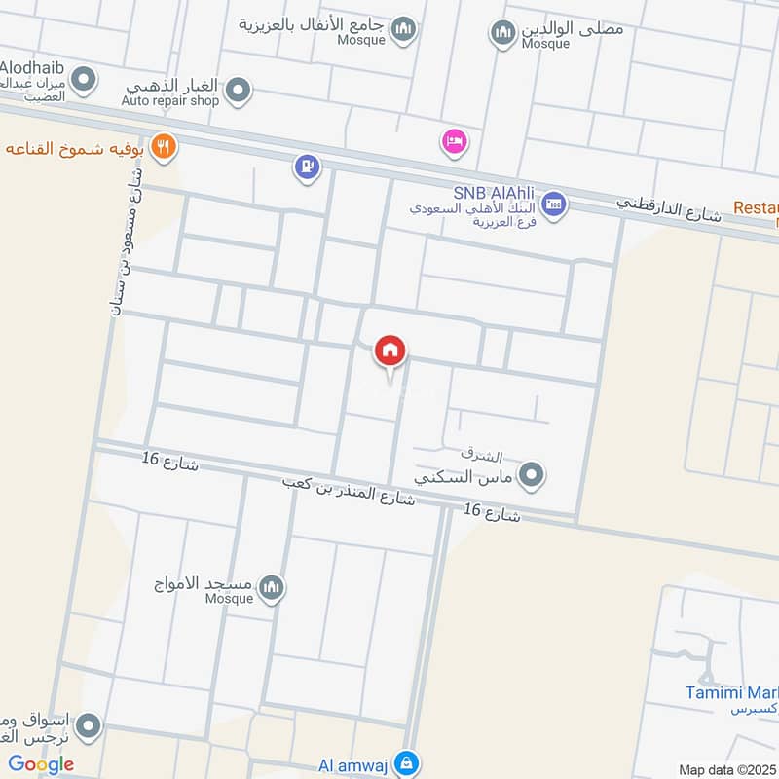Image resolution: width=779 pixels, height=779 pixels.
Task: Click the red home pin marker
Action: tap(390, 352)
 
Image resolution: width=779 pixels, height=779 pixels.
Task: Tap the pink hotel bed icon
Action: tap(454, 142)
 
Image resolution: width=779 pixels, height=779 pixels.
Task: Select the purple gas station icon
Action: tap(308, 168)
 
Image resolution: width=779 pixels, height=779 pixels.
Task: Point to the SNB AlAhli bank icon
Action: tap(554, 204)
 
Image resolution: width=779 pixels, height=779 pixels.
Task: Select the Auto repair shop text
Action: tap(171, 100)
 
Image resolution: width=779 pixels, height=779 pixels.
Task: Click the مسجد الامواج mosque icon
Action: tap(273, 588)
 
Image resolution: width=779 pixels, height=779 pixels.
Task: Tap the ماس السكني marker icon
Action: tap(531, 475)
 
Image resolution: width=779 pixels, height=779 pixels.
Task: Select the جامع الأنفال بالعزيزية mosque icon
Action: tap(404, 32)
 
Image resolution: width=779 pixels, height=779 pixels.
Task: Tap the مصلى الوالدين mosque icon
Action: tap(502, 34)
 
